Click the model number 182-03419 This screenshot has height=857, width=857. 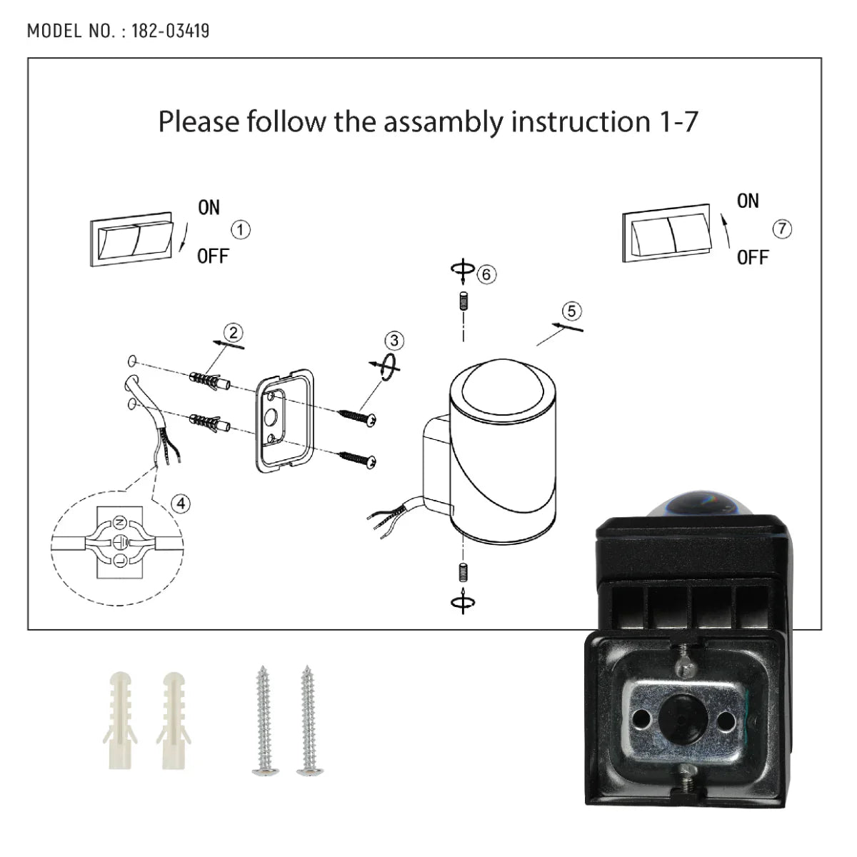tap(170, 31)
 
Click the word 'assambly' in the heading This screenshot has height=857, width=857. tap(442, 122)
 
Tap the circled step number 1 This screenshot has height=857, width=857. tap(241, 230)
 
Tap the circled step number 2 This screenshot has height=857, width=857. tap(233, 333)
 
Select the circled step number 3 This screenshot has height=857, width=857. tap(394, 341)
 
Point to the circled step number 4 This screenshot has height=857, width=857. tap(181, 503)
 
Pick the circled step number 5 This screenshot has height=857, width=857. tap(571, 311)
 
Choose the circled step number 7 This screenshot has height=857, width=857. tap(782, 229)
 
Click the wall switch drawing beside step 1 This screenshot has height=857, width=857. tap(132, 239)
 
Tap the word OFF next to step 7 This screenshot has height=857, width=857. tap(753, 257)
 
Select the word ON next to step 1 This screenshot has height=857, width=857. tap(209, 208)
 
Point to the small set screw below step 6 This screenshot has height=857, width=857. tap(463, 301)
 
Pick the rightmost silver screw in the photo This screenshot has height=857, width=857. tap(308, 721)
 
